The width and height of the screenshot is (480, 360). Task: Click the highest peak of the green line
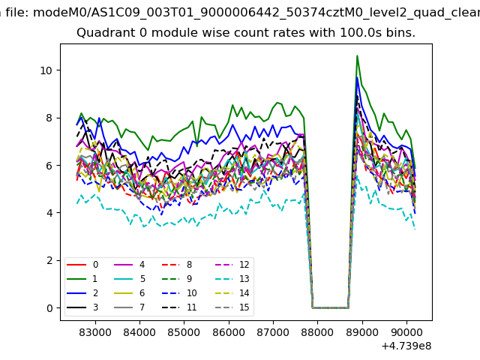(x=357, y=55)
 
